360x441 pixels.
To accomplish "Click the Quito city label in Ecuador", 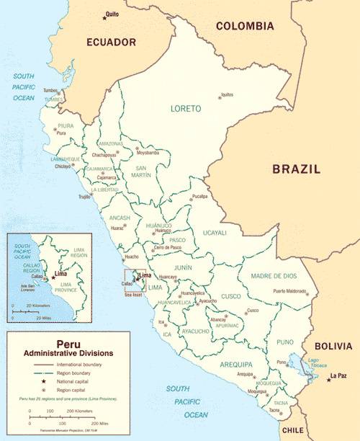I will [112, 14].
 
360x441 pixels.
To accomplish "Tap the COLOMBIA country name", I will [245, 26].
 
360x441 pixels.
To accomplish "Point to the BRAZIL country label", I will [296, 169].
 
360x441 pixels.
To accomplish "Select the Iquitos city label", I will [227, 94].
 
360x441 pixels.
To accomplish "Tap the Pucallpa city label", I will [199, 196].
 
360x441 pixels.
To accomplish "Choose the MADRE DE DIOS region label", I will [274, 276].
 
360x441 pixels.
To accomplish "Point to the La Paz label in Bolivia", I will [339, 376].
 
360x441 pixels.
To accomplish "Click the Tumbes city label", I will [51, 91].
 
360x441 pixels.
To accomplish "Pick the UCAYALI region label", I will [215, 233].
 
